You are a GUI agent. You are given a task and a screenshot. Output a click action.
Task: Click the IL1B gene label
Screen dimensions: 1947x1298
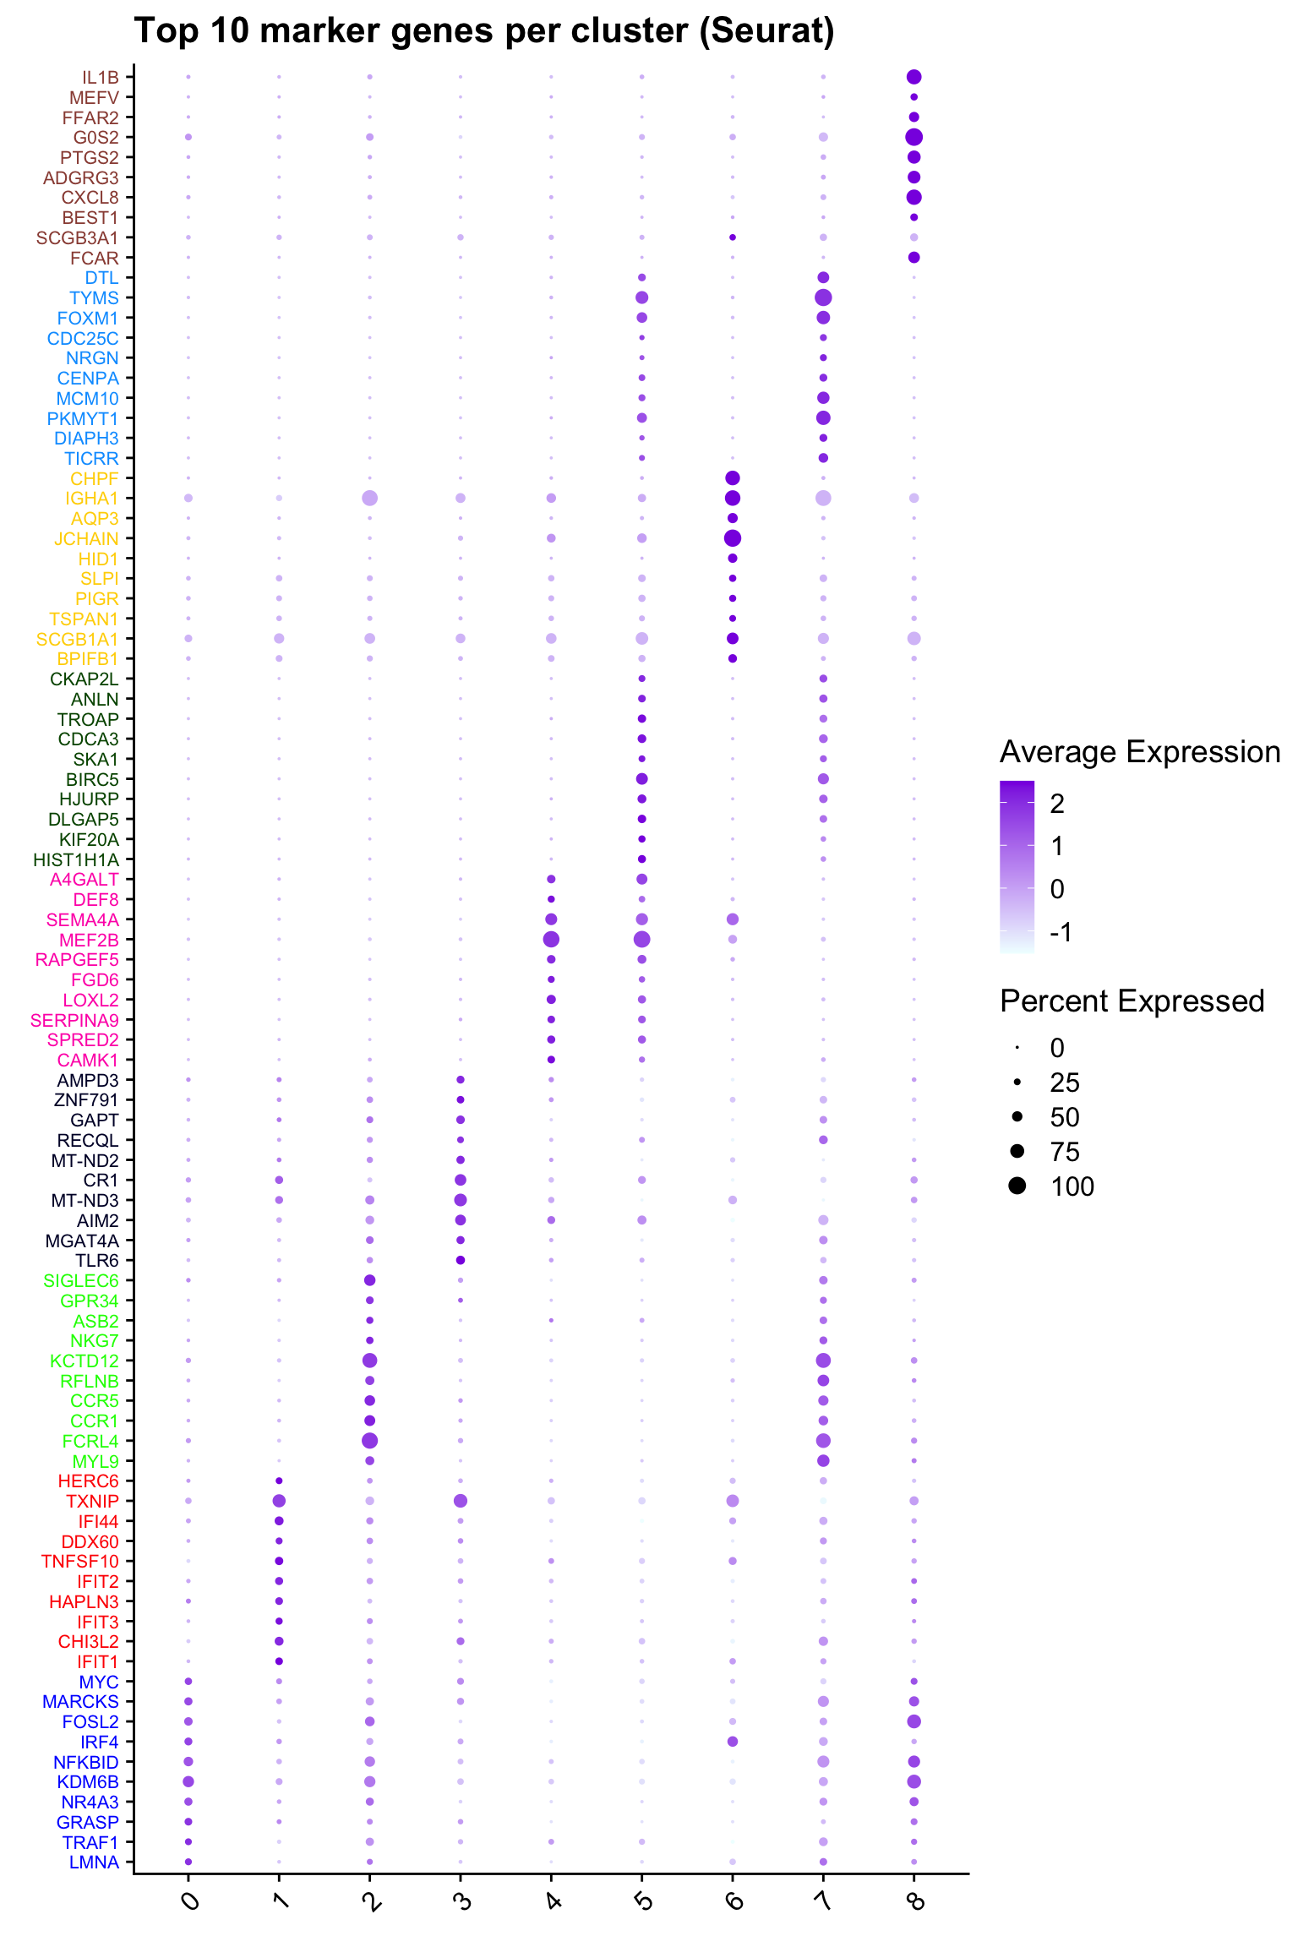[101, 78]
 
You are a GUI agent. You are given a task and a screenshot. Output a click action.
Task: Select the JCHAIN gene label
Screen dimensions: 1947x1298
[86, 539]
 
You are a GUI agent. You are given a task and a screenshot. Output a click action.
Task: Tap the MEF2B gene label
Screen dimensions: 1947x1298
[89, 940]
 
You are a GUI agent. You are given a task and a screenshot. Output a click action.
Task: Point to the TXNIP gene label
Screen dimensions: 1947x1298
[92, 1502]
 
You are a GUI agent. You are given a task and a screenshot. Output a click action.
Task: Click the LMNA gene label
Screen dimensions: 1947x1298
[94, 1862]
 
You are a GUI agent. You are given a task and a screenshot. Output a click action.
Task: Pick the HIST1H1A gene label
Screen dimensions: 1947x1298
[76, 860]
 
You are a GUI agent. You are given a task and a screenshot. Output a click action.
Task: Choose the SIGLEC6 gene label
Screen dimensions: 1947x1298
[81, 1281]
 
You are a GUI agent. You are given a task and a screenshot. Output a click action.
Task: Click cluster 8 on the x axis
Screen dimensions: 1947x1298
[915, 1901]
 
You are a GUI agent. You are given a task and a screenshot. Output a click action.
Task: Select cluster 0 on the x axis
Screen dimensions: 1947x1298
[191, 1901]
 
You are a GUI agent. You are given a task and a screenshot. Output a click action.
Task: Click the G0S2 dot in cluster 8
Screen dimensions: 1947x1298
[914, 137]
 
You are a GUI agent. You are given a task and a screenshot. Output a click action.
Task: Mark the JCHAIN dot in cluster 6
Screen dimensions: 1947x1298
[733, 538]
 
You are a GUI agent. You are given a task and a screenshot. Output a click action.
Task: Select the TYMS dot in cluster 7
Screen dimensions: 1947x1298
[823, 297]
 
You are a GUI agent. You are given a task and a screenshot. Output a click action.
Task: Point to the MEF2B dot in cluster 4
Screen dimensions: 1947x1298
[551, 939]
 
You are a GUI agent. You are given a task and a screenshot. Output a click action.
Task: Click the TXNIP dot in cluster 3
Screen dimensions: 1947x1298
[461, 1501]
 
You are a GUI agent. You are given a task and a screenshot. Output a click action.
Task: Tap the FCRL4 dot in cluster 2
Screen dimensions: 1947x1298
[369, 1440]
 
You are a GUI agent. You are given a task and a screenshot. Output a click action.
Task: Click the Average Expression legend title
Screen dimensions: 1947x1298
[1139, 752]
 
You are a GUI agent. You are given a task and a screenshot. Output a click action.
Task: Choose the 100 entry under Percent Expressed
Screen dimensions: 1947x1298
[1072, 1186]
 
